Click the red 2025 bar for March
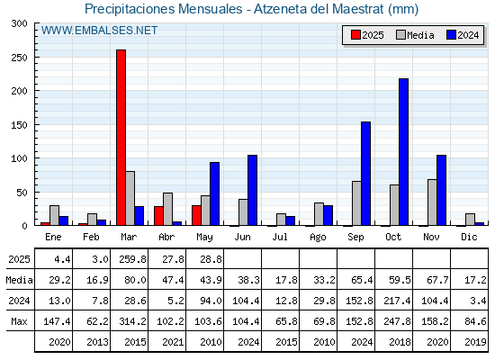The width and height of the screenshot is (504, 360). [x=121, y=138]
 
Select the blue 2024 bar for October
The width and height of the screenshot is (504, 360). [x=403, y=152]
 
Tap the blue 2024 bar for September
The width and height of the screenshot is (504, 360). [x=365, y=174]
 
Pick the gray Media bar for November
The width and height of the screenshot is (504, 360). [x=432, y=202]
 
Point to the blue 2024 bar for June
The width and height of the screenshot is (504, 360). [x=252, y=190]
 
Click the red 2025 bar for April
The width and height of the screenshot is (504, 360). [x=158, y=216]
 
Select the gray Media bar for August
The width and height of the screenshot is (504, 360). [x=319, y=214]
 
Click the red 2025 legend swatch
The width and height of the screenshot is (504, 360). [x=355, y=35]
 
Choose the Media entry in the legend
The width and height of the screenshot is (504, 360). [x=415, y=35]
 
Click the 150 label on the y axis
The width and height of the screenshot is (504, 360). [x=19, y=125]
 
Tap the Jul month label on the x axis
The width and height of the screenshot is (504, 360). [x=280, y=237]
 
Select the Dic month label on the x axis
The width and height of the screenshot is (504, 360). [x=469, y=237]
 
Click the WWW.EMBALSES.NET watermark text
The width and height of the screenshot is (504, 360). [x=99, y=31]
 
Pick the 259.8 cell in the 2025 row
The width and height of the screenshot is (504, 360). [x=132, y=259]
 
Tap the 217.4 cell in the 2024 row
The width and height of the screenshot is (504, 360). [x=397, y=301]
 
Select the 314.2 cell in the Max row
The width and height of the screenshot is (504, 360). [x=132, y=321]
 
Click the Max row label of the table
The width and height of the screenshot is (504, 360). [x=19, y=321]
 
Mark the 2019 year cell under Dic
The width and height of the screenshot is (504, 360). [x=475, y=342]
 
